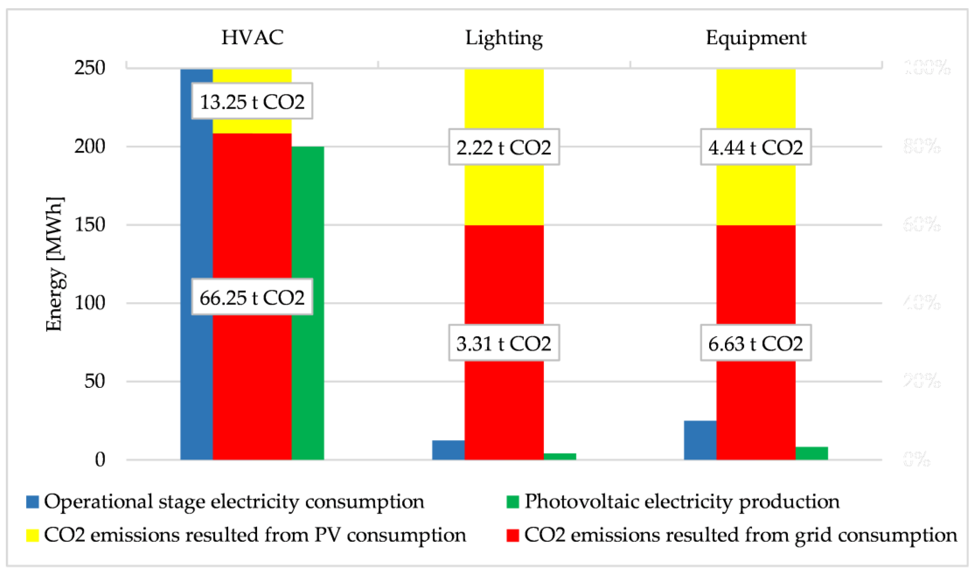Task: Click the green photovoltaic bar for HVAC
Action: pyautogui.click(x=308, y=303)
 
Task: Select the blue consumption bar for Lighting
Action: pyautogui.click(x=448, y=450)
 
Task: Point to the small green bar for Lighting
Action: pyautogui.click(x=560, y=456)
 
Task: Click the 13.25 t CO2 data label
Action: pyautogui.click(x=252, y=101)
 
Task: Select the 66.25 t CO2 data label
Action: pyautogui.click(x=252, y=297)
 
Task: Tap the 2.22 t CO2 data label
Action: pyautogui.click(x=504, y=147)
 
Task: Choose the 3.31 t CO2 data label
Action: pyautogui.click(x=504, y=343)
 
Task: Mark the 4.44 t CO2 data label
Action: pyautogui.click(x=756, y=147)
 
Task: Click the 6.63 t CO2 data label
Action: pyautogui.click(x=756, y=343)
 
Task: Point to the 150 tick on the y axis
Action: pyautogui.click(x=90, y=225)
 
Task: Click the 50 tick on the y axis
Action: pyautogui.click(x=95, y=381)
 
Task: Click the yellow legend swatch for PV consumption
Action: pyautogui.click(x=33, y=536)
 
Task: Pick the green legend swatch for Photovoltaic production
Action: pyautogui.click(x=513, y=502)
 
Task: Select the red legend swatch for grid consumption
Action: pyautogui.click(x=513, y=536)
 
